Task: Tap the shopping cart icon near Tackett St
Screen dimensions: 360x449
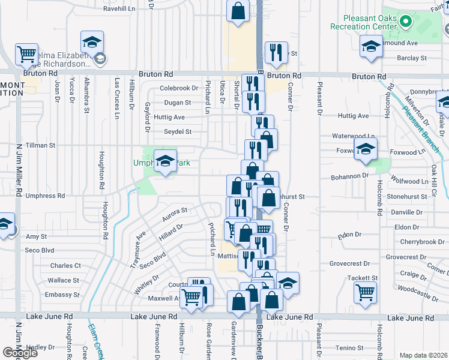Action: tap(365, 293)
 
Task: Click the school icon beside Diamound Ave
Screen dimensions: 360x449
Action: tap(371, 46)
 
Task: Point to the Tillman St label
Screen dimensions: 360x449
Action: tap(41, 145)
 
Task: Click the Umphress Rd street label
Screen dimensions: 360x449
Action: tap(45, 196)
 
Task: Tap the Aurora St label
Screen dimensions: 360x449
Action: tap(175, 214)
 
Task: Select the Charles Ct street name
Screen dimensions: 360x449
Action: tap(65, 265)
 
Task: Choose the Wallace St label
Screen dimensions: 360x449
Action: tap(64, 280)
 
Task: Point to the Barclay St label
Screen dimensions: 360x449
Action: tap(412, 58)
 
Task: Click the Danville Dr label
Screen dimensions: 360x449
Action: tap(406, 212)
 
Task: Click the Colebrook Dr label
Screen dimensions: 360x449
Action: tap(178, 88)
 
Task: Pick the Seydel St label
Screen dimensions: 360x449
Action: tap(178, 132)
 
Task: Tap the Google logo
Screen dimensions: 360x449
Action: tap(20, 353)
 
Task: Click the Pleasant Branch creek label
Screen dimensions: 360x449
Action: tap(421, 125)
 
